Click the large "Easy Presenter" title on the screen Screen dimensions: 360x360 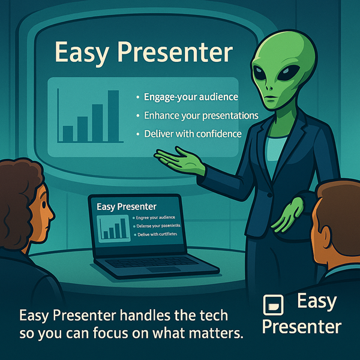[143, 52]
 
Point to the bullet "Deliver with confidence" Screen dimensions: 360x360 [193, 133]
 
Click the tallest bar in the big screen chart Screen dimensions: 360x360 [113, 116]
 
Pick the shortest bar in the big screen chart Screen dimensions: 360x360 [68, 133]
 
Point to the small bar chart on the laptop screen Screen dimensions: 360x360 [114, 228]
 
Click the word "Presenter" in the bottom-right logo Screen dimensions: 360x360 [302, 327]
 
